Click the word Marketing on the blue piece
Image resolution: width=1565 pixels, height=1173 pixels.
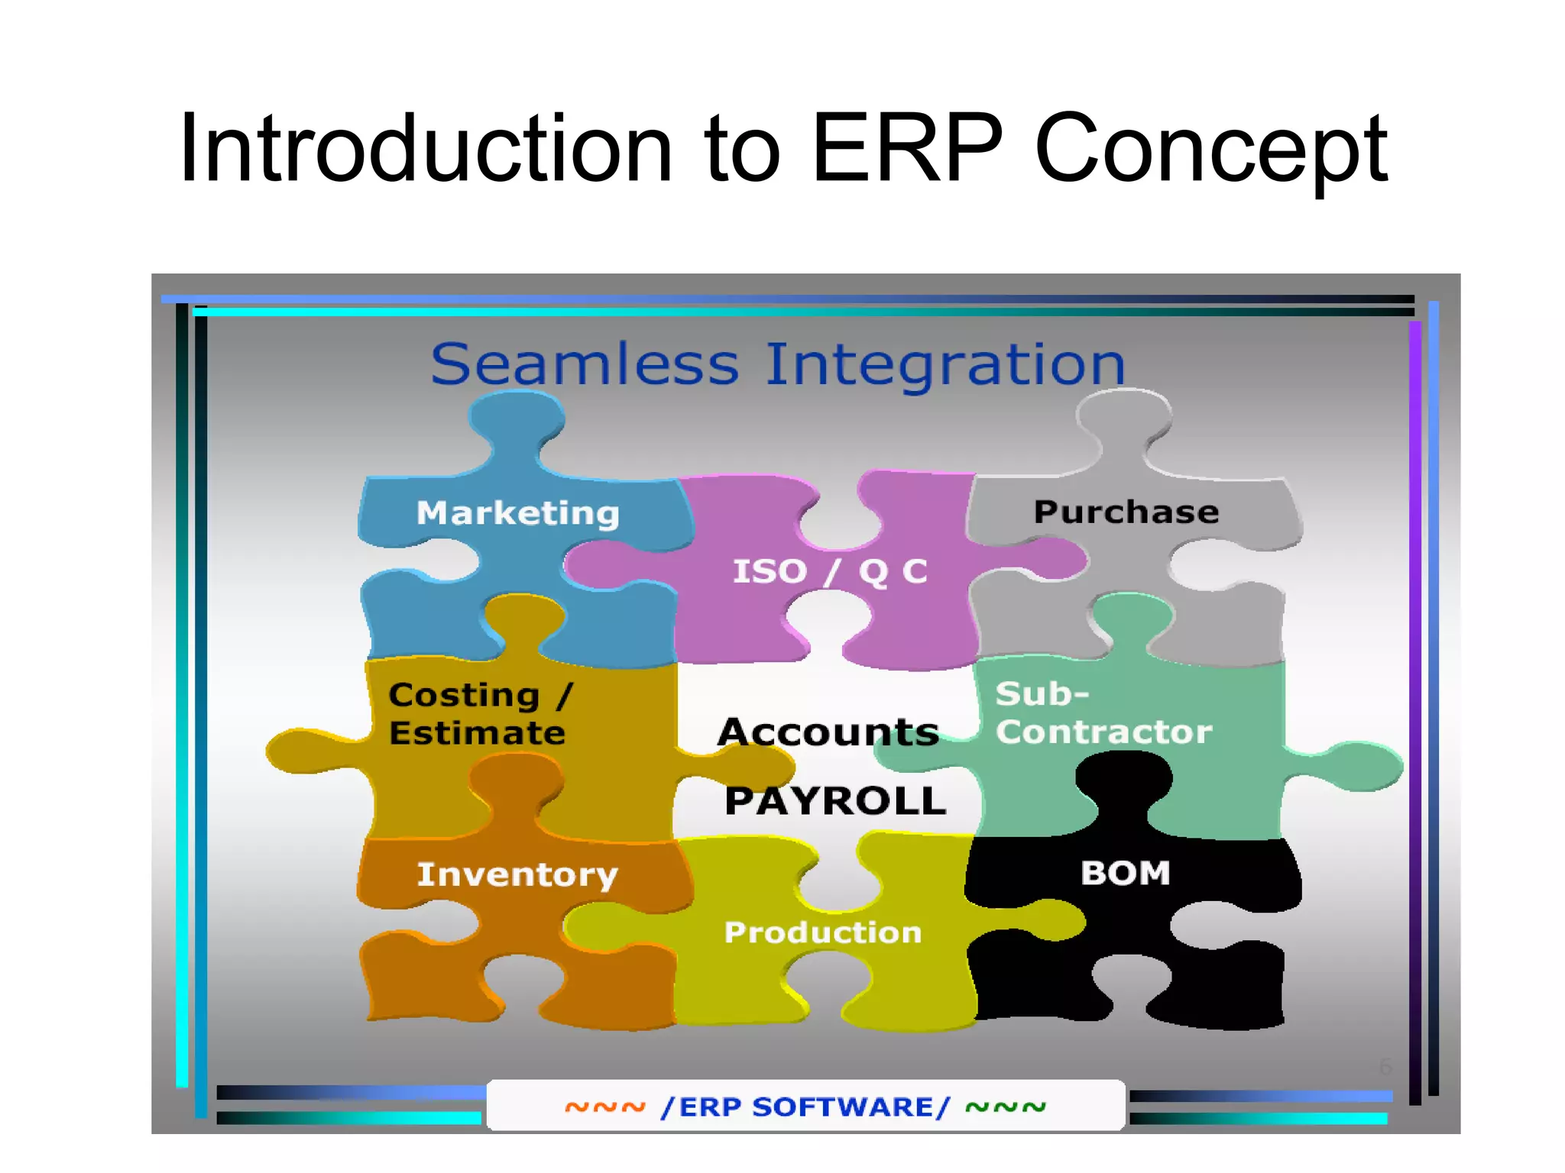click(x=517, y=513)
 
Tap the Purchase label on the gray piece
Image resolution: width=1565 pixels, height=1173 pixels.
click(x=1126, y=512)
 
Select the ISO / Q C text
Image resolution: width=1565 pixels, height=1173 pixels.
click(x=830, y=572)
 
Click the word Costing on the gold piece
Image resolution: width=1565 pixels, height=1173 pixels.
click(x=464, y=695)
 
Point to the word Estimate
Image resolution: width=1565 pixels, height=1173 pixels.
click(x=477, y=733)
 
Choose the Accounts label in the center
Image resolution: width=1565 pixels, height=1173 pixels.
click(x=828, y=732)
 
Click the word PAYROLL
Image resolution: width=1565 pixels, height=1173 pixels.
click(x=835, y=801)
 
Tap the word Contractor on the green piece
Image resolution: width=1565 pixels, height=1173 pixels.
click(x=1103, y=732)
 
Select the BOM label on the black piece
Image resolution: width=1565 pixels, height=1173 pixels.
click(x=1125, y=873)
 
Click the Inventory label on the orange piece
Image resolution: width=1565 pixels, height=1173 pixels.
click(x=517, y=874)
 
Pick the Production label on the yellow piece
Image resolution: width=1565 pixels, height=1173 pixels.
click(x=823, y=932)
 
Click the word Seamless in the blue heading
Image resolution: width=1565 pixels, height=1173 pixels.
click(x=585, y=364)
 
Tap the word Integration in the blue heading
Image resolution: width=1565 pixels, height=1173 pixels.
click(x=945, y=364)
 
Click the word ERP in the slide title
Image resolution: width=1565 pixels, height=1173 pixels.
click(x=906, y=148)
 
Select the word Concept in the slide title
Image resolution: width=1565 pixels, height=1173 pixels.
click(x=1210, y=150)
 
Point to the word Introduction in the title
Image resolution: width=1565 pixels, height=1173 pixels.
click(x=425, y=148)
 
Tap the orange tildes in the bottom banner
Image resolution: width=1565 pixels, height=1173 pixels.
click(x=605, y=1107)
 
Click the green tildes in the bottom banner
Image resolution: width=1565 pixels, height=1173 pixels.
click(x=1006, y=1107)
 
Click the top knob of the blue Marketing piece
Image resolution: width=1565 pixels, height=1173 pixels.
click(x=517, y=420)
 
